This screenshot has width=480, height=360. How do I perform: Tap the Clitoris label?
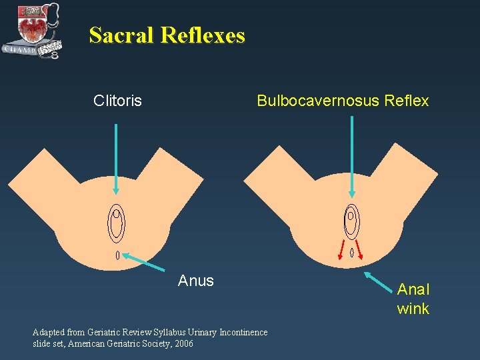[117, 101]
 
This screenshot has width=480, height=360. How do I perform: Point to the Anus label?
[196, 281]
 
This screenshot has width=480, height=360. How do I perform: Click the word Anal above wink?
[413, 289]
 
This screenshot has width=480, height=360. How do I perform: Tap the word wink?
[413, 309]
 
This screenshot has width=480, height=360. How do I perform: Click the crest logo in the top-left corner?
[31, 30]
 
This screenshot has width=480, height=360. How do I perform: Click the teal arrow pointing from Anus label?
[145, 261]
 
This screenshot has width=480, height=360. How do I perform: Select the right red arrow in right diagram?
[359, 248]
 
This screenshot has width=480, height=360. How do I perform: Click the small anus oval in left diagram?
[118, 255]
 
